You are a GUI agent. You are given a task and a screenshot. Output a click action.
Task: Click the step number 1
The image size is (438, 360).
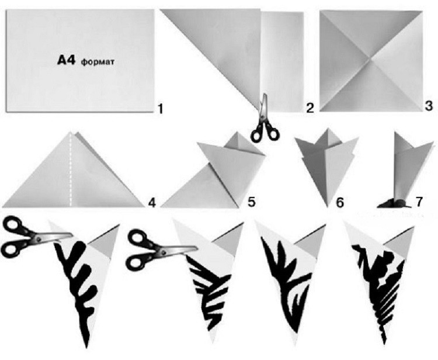point(160,109)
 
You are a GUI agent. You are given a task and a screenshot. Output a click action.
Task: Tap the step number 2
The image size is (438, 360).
point(310,108)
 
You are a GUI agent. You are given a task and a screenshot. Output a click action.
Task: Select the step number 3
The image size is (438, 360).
point(429,106)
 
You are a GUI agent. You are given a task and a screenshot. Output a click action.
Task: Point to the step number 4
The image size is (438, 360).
point(152,202)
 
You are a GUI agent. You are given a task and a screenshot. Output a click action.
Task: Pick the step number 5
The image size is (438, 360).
point(251,202)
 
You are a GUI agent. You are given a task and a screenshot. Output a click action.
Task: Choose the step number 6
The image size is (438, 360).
point(340,203)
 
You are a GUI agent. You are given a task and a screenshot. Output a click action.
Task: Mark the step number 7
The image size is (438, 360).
point(419,202)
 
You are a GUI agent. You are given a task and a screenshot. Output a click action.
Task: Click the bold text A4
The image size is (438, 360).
point(66,60)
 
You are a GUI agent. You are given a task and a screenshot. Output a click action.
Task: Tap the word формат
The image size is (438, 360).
point(98,62)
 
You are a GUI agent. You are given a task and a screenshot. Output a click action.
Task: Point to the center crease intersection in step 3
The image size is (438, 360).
point(370,60)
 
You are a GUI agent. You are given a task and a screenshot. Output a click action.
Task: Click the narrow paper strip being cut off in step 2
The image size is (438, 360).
point(283,61)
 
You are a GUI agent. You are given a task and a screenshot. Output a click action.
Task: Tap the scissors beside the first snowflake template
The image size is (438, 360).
point(35,238)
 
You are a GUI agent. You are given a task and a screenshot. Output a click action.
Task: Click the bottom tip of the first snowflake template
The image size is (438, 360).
point(87,347)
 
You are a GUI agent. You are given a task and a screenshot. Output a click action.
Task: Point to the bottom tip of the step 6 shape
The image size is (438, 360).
point(328,206)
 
